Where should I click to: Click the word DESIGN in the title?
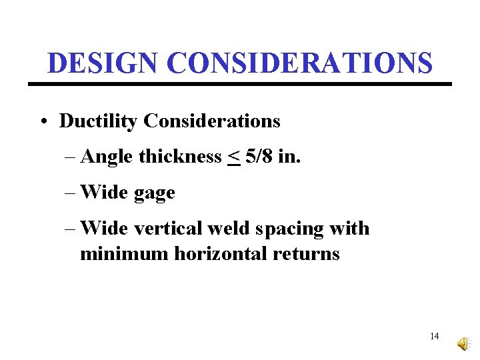coord(103,63)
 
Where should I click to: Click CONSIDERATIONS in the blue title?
coord(300,63)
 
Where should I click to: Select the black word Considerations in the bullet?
coord(212,121)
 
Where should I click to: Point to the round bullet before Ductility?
coord(43,122)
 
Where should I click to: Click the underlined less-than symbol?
coord(233,157)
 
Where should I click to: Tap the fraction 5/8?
coord(258,157)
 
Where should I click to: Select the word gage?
coord(154,193)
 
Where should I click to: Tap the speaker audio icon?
coord(462,343)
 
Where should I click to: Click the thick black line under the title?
coord(240,84)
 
